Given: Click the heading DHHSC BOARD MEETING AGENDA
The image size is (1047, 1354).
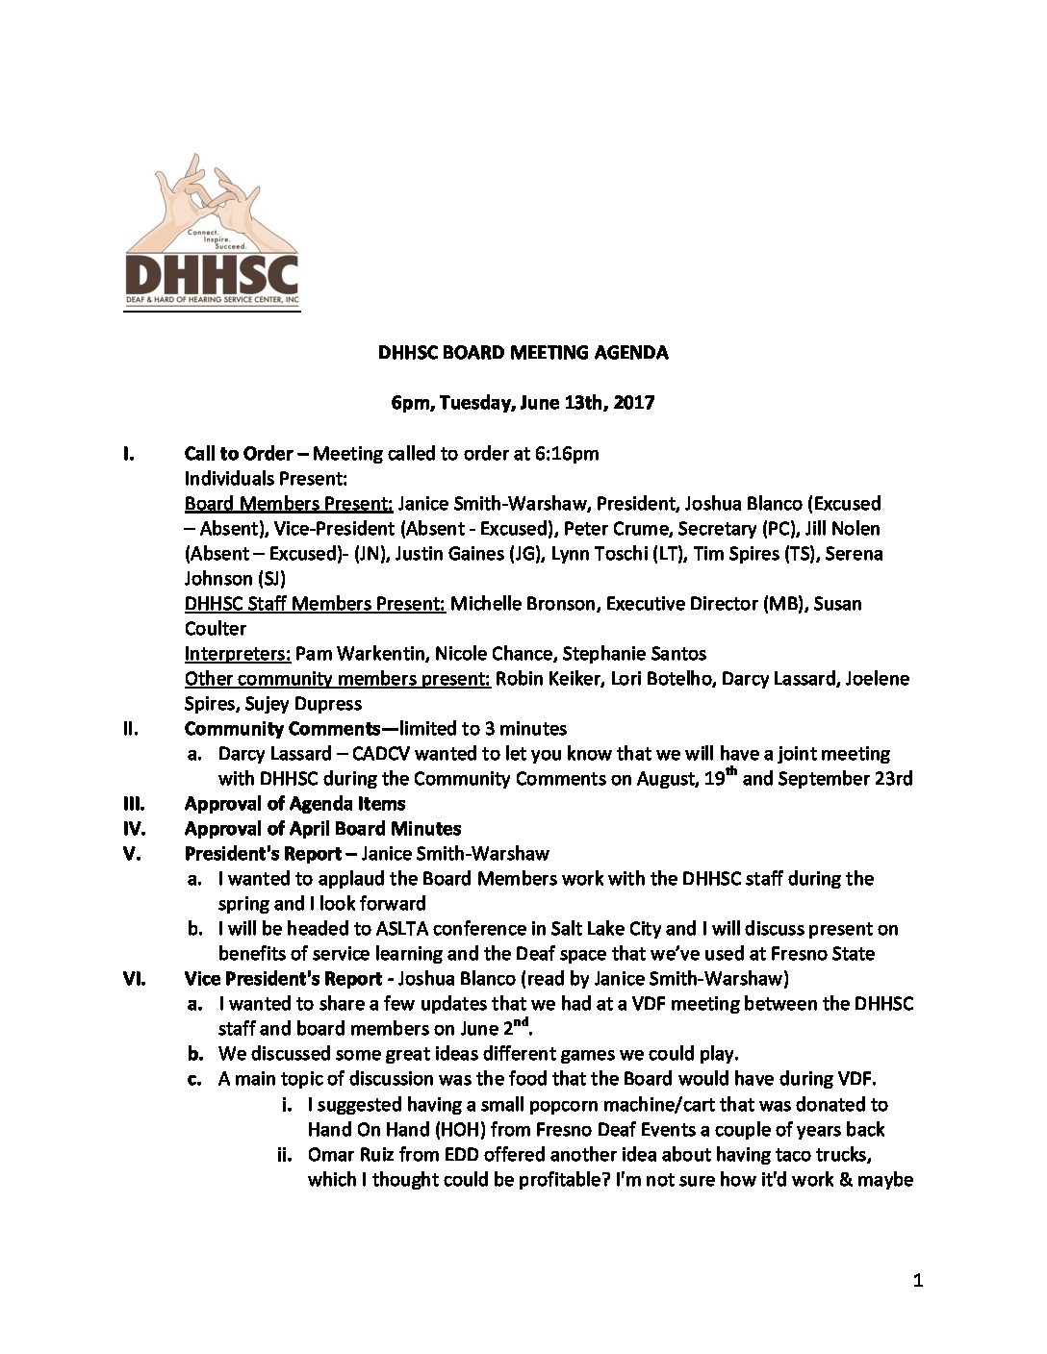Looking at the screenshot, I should [523, 352].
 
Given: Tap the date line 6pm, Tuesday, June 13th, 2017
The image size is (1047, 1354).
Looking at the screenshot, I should [523, 403].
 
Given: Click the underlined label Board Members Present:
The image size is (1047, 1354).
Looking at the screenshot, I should [288, 503].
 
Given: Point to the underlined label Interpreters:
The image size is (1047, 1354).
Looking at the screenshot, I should [237, 653].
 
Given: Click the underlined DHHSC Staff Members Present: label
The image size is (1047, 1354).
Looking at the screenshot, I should [315, 603].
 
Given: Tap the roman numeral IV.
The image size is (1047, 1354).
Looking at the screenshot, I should [134, 828].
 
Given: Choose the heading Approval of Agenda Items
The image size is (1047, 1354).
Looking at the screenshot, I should [294, 803].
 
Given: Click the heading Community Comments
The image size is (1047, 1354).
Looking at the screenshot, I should [282, 728].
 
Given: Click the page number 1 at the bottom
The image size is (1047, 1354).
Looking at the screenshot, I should [917, 1280].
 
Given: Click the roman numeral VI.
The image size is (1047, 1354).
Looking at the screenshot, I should [134, 978].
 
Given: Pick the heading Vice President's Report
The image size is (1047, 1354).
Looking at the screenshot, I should [283, 978].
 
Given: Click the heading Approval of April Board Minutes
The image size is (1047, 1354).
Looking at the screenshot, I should [322, 828].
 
